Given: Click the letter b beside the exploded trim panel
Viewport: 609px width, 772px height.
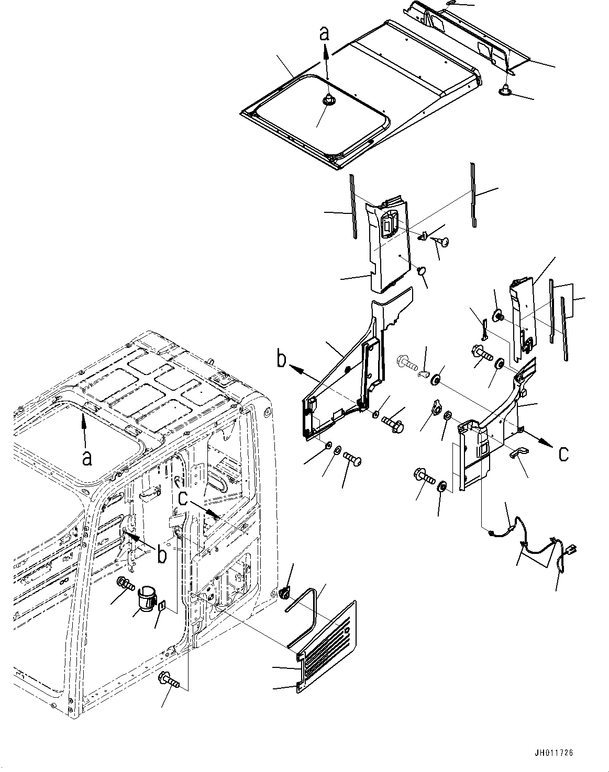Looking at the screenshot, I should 282,359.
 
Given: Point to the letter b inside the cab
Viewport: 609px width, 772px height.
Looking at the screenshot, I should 162,554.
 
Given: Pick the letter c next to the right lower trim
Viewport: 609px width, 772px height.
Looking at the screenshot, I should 563,453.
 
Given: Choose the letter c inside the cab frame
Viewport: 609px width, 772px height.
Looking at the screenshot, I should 183,498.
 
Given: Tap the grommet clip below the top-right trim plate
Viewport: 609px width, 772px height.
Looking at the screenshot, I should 505,91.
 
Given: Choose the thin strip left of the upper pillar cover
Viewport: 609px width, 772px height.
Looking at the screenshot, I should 353,207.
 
